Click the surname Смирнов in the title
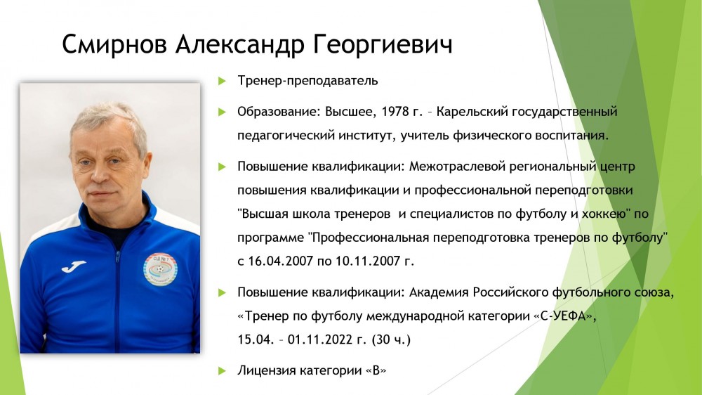tap(114, 44)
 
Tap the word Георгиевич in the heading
tap(383, 45)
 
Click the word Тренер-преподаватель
tap(307, 81)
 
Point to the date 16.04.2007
tap(280, 261)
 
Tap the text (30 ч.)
tap(391, 339)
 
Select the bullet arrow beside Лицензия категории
tap(222, 371)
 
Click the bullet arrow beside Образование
tap(222, 112)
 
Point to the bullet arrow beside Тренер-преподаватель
tap(222, 81)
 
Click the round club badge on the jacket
tap(160, 269)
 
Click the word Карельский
tap(472, 112)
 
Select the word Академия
tap(439, 293)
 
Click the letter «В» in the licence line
tap(376, 371)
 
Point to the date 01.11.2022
tap(320, 339)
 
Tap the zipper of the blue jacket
tap(117, 300)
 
